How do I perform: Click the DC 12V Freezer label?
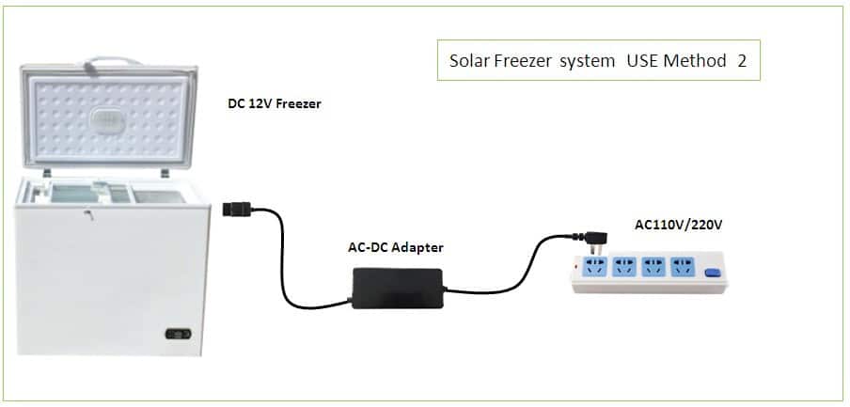[x=275, y=104]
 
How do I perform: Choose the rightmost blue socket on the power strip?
[x=683, y=267]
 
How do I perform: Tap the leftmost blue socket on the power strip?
[x=594, y=267]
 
